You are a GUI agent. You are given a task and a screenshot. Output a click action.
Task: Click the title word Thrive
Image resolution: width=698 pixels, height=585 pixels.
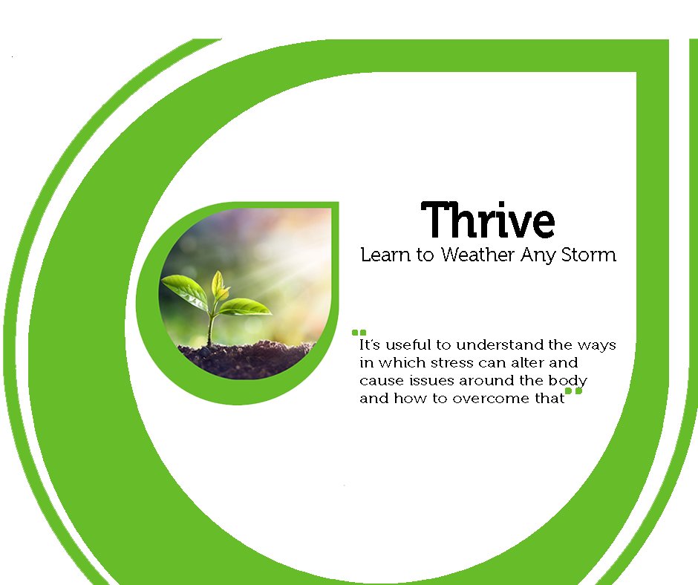click(x=489, y=220)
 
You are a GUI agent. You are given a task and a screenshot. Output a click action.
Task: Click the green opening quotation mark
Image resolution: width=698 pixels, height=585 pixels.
click(x=359, y=333)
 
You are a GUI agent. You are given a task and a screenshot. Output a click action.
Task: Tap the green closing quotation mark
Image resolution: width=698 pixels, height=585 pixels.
click(x=573, y=391)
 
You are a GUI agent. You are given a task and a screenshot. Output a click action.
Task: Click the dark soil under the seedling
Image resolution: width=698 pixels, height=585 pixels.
click(x=245, y=360)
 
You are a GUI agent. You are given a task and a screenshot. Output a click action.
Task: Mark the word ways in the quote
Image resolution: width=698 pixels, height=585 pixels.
click(x=599, y=345)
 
